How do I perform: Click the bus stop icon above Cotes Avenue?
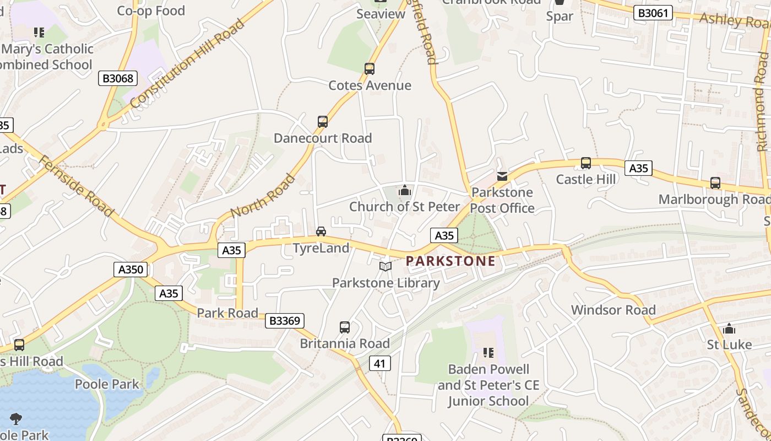click(x=370, y=69)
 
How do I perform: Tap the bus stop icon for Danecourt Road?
click(x=323, y=122)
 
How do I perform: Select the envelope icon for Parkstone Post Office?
click(x=502, y=176)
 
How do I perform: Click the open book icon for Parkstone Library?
click(x=385, y=267)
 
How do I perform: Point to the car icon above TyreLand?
click(x=321, y=232)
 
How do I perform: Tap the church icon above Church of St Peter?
click(x=405, y=191)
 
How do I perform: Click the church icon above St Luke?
click(x=729, y=329)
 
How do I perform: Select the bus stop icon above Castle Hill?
click(x=586, y=163)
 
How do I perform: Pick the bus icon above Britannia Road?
click(x=345, y=327)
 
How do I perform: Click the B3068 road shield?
click(x=118, y=78)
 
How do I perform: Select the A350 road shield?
click(x=131, y=270)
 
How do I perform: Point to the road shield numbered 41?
click(x=379, y=363)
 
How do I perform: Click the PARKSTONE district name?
click(x=450, y=261)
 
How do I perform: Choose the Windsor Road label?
click(x=613, y=310)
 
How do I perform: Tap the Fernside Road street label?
click(x=76, y=186)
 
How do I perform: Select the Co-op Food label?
click(x=151, y=10)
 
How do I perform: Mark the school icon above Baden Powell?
click(x=488, y=352)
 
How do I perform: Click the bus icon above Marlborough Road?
click(x=715, y=183)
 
